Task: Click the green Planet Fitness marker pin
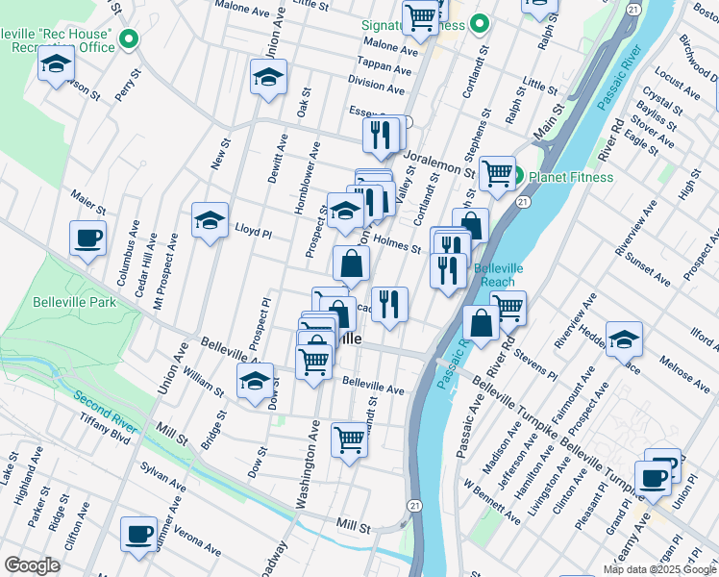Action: (x=516, y=176)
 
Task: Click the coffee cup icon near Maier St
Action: (x=87, y=238)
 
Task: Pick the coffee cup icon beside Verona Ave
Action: (x=138, y=534)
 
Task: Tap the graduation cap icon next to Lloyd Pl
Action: (x=210, y=222)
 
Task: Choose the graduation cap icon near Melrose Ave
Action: (x=623, y=339)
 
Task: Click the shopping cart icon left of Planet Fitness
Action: (x=496, y=175)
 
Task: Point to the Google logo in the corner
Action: (x=32, y=565)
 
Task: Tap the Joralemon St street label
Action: (x=439, y=162)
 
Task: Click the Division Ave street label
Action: (x=376, y=88)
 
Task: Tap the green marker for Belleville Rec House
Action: (x=129, y=39)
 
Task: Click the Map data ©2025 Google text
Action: (x=659, y=568)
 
